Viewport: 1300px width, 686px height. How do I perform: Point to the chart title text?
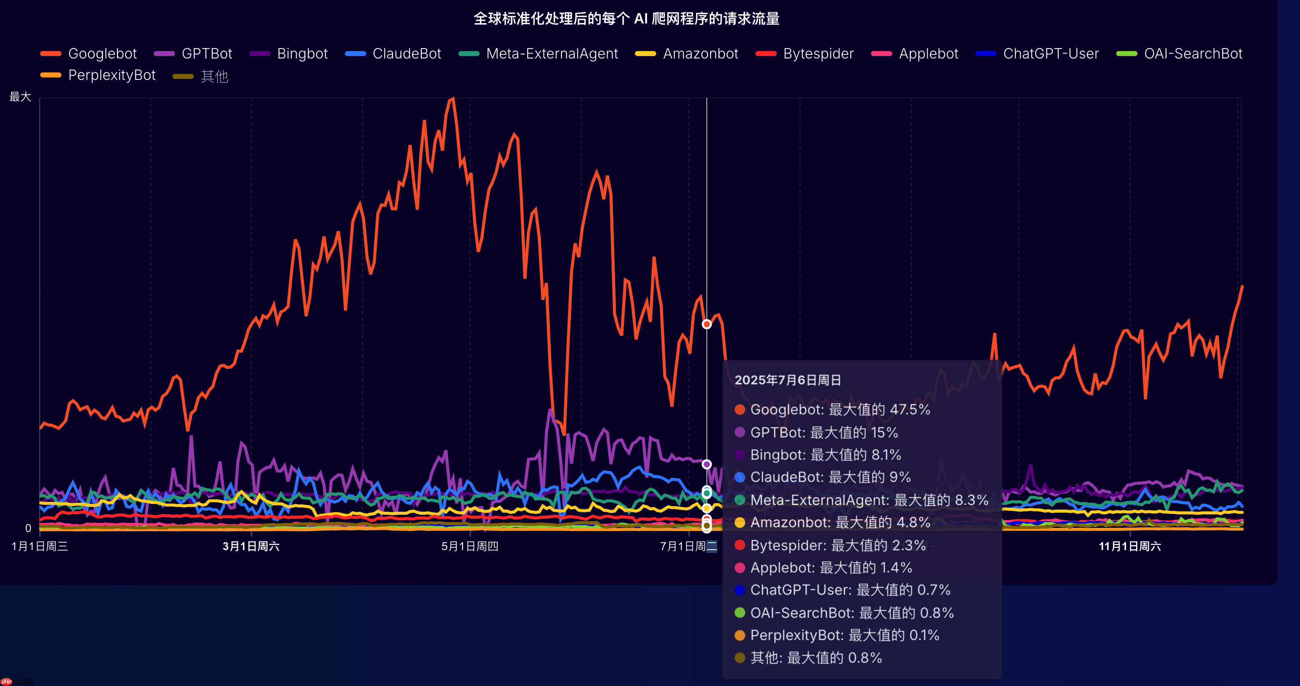click(626, 19)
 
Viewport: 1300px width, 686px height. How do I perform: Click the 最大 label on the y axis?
click(20, 96)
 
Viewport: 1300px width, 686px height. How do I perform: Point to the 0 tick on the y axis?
click(28, 528)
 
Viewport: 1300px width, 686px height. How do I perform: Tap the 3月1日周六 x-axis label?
click(251, 546)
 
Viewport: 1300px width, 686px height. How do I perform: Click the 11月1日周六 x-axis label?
click(1129, 546)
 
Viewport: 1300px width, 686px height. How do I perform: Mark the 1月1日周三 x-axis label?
click(40, 546)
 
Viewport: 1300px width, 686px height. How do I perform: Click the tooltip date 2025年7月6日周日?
click(787, 380)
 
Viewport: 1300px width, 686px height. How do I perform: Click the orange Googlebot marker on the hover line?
click(706, 324)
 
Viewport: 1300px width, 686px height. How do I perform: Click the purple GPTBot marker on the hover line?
click(706, 464)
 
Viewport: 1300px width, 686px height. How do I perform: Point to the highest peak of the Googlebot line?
click(453, 98)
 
